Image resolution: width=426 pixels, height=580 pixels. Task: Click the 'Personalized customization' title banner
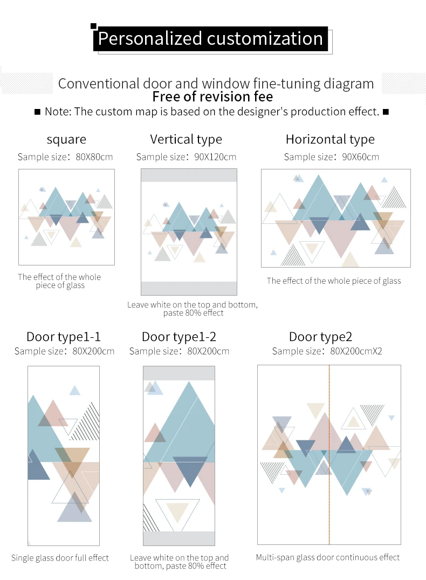coord(210,39)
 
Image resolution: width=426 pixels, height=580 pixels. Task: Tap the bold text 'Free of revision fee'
coord(212,97)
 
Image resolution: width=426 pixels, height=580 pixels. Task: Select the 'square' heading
coord(66,139)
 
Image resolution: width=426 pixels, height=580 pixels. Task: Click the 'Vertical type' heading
coord(186,139)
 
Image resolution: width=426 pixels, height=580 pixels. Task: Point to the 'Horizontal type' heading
coord(330,139)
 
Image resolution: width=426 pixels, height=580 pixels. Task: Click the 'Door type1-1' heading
coord(64,337)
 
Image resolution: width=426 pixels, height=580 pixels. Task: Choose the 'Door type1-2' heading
coord(179,337)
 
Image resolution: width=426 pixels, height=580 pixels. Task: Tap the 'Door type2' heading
coord(321,337)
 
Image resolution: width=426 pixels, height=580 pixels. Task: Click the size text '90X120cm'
coord(215,157)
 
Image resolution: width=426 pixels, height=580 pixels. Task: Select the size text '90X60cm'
coord(361,157)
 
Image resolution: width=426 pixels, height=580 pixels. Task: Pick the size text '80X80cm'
coord(94,157)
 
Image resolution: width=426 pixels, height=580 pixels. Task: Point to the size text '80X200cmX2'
coord(356,351)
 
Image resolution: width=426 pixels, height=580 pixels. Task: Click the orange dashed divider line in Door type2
coord(329,455)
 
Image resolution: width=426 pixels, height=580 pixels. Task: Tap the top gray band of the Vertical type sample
coord(189,175)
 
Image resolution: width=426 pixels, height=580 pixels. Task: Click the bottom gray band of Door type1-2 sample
coord(179,538)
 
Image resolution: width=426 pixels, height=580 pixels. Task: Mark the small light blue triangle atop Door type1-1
coord(75,391)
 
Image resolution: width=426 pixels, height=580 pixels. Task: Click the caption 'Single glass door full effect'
coord(60,558)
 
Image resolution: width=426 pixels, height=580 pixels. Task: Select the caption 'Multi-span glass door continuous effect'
coord(328,557)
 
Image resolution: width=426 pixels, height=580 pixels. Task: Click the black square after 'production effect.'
coord(386,112)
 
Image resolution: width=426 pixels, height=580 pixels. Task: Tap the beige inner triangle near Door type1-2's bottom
coord(178,511)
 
